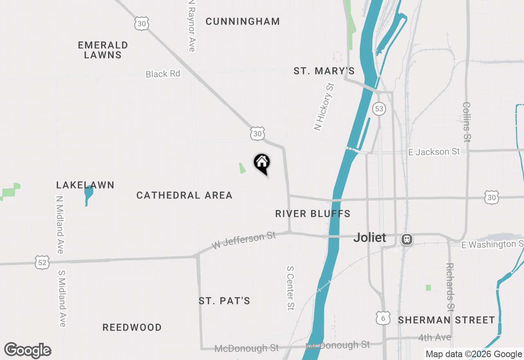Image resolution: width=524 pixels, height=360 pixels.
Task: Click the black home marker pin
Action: [x=262, y=163]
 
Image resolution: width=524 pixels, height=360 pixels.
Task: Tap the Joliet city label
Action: [x=370, y=237]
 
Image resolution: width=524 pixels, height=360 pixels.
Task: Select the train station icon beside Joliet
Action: [x=407, y=239]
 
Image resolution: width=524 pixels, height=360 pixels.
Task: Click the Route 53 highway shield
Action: [x=379, y=108]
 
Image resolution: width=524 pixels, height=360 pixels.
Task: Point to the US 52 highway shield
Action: [x=42, y=262]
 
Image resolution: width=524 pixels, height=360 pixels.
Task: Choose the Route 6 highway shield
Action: [x=383, y=317]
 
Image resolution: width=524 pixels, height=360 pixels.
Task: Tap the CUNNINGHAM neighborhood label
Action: [x=243, y=21]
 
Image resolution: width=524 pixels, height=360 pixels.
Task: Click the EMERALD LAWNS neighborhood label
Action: [x=103, y=50]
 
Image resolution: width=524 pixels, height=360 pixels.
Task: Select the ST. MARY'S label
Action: [x=324, y=71]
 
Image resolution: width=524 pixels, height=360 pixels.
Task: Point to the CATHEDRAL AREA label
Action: [x=184, y=196]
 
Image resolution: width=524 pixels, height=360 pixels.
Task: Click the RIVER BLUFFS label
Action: [x=313, y=214]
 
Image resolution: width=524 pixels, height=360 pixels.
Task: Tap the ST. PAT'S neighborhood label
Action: [x=224, y=301]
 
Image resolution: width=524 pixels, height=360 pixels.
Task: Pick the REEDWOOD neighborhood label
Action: [x=132, y=327]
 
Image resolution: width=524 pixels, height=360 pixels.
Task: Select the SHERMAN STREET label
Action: [x=447, y=320]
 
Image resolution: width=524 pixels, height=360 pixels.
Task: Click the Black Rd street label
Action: [x=163, y=74]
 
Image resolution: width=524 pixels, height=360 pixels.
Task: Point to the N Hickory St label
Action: [x=324, y=107]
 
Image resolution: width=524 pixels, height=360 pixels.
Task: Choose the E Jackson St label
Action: [x=434, y=152]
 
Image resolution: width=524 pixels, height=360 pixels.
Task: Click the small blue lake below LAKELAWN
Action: [x=88, y=194]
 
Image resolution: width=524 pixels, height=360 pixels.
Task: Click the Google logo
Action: [x=28, y=351]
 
